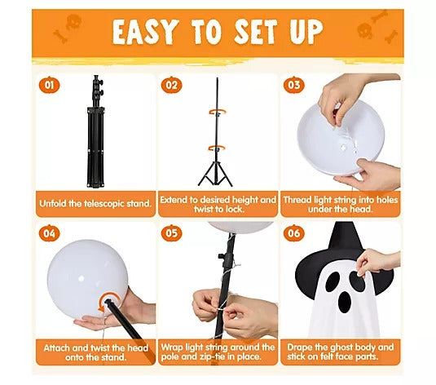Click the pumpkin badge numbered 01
[49, 85]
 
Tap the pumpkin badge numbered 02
[172, 85]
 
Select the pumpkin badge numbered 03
[294, 85]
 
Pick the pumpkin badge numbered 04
[49, 233]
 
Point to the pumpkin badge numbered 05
[172, 233]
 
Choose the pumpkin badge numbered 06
[294, 233]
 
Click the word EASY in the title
[145, 33]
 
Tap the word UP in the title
[306, 32]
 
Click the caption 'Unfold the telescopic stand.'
[95, 203]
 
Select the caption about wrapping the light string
[218, 352]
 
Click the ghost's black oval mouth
[345, 302]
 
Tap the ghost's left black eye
[333, 282]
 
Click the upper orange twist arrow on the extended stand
[218, 113]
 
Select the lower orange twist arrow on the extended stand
[217, 149]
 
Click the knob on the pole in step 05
[221, 256]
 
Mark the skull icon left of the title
[73, 22]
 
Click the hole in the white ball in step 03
[343, 148]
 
